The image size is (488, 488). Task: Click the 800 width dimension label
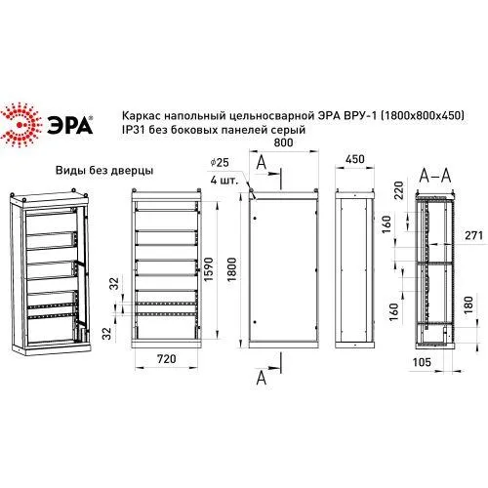(283, 142)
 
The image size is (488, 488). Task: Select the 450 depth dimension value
(355, 159)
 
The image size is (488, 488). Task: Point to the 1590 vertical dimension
(208, 269)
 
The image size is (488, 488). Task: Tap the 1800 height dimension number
(231, 269)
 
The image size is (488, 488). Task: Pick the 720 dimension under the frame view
(167, 359)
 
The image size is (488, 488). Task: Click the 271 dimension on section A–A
(473, 235)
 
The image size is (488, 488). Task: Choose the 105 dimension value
(422, 362)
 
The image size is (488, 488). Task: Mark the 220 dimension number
(398, 190)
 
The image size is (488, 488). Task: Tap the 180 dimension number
(468, 305)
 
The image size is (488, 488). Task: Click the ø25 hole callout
(220, 162)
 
